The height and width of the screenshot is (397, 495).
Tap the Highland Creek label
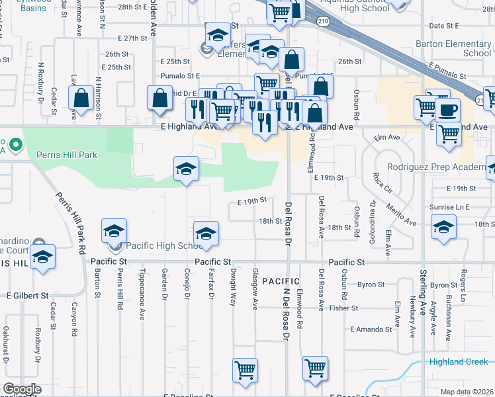(x=458, y=361)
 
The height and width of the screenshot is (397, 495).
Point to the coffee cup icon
(x=449, y=109)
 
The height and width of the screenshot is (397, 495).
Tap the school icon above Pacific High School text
(x=206, y=233)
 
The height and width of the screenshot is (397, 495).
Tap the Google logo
(x=21, y=389)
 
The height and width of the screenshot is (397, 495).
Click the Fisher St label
(x=343, y=308)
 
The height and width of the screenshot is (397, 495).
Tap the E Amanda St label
(x=372, y=329)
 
